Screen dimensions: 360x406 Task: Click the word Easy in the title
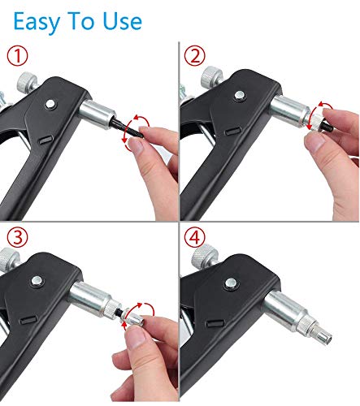37,22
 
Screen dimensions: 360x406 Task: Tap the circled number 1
17,55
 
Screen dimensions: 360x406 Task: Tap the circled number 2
194,55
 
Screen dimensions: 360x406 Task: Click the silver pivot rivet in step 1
50,104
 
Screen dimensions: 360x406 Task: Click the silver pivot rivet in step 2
240,95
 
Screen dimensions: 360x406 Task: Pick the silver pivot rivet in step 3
37,281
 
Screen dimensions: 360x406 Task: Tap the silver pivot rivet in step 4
230,283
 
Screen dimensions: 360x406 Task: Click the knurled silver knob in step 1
27,81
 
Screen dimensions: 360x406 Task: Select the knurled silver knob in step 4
205,256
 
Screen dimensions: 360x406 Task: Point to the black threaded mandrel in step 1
128,127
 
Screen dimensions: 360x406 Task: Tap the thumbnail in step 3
137,338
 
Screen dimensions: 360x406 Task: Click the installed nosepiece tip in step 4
323,335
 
